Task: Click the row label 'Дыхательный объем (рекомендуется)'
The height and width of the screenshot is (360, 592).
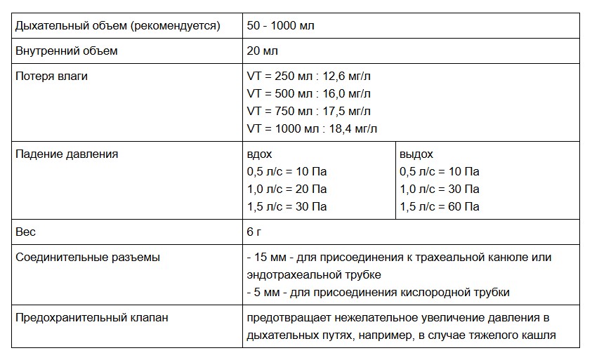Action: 118,26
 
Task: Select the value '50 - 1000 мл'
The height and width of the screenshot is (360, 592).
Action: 281,26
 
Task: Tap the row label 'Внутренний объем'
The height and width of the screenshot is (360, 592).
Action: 67,51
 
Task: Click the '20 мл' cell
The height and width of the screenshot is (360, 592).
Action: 263,51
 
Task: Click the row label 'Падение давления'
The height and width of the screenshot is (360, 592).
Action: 67,154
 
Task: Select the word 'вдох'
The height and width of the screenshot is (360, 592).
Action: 260,154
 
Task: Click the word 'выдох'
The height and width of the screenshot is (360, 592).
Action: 416,154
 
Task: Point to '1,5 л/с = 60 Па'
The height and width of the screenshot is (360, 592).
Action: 440,206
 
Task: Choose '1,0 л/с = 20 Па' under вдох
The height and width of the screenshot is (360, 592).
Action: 287,189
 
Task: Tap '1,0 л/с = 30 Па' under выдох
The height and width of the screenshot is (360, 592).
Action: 440,189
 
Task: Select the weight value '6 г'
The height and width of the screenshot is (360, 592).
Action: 255,232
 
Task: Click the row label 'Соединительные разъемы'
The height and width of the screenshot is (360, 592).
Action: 87,257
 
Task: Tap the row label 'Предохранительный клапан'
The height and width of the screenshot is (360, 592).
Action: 91,317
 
